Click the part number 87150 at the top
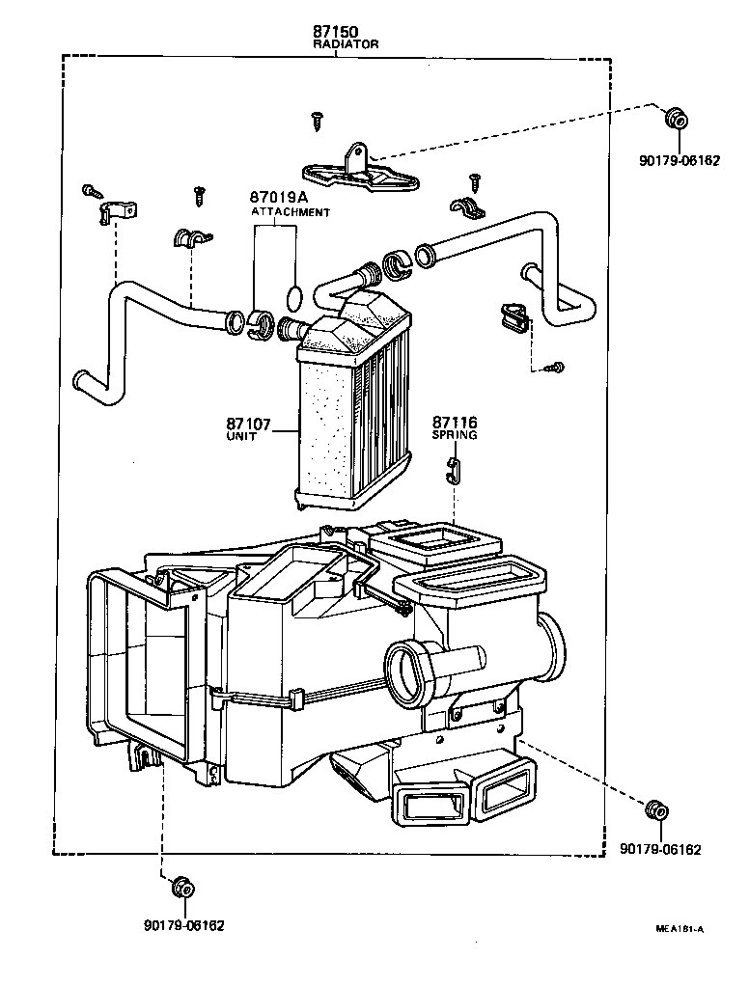(x=334, y=32)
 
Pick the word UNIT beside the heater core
(x=241, y=436)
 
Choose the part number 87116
(x=455, y=423)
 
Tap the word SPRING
(x=455, y=435)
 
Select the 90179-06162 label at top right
(x=680, y=160)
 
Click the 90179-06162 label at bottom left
(x=183, y=925)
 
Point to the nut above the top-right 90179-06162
(x=678, y=120)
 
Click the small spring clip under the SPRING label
(x=455, y=469)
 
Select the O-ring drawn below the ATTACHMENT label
(x=296, y=294)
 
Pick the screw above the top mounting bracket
(x=317, y=120)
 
